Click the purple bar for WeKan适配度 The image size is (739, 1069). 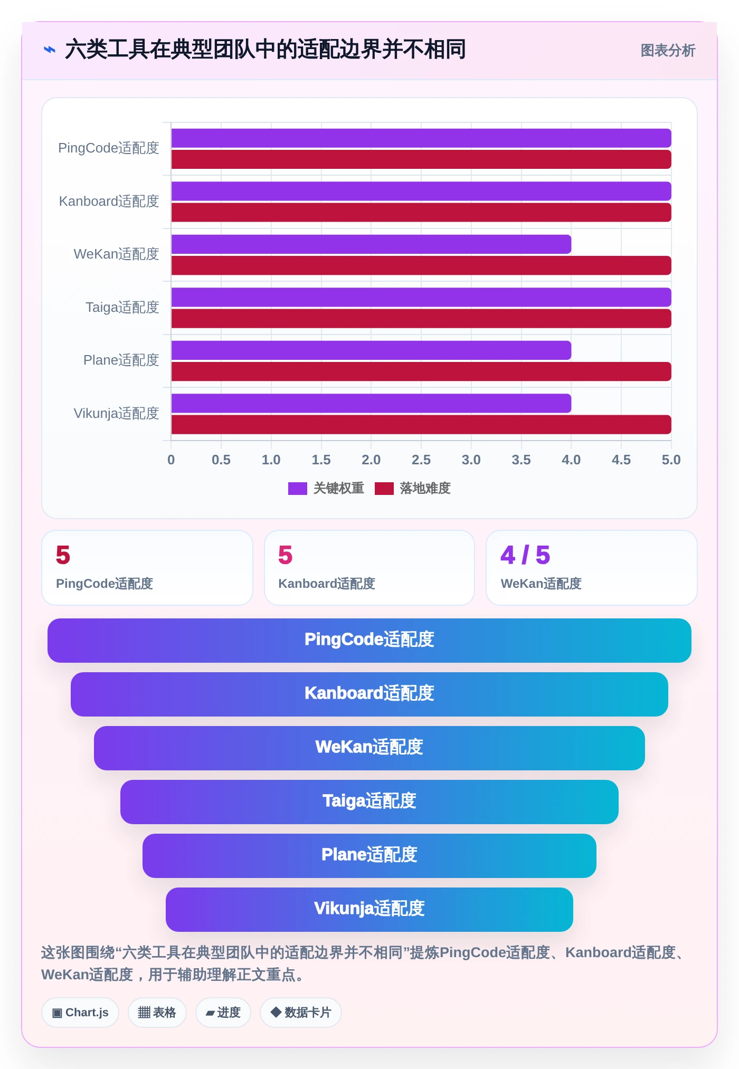coord(371,244)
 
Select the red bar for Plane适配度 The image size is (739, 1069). coord(421,371)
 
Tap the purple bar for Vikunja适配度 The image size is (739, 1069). coord(371,403)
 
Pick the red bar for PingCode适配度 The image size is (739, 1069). coord(421,159)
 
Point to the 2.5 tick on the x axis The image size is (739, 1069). coord(421,460)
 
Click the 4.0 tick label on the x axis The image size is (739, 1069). coord(571,460)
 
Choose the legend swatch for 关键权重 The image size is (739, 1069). coord(298,489)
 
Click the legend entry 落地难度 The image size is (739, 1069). coord(413,489)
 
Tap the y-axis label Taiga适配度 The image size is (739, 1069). coord(122,307)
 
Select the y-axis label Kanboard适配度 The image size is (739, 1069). coord(109,201)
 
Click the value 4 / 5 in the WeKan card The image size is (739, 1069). coord(525,555)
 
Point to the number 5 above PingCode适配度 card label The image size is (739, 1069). coord(63,555)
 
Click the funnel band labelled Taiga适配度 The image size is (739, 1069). coord(369,802)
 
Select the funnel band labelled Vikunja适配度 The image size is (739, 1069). coord(369,910)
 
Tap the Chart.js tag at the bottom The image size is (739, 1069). coord(80,1013)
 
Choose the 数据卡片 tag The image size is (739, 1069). coord(301,1013)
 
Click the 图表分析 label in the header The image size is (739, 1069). coord(668,51)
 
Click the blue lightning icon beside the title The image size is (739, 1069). coord(50,50)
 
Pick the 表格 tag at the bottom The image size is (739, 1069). coord(157,1013)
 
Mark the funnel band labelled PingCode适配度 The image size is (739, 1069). coord(369,641)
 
